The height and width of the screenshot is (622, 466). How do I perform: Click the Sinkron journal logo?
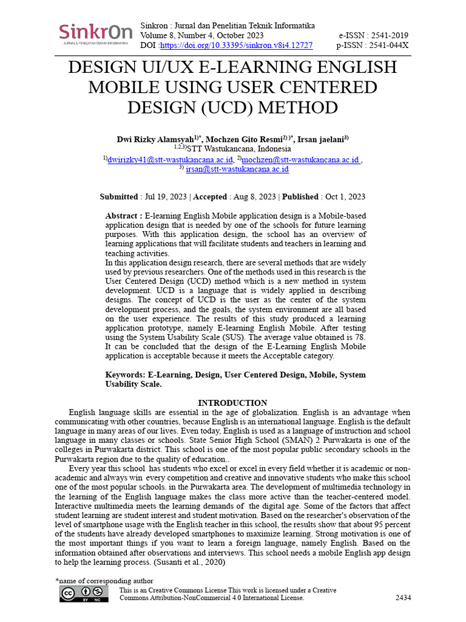[x=95, y=34]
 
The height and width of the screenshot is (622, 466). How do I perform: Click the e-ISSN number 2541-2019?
[x=388, y=36]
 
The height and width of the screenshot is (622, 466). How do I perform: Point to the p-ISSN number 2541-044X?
[x=388, y=46]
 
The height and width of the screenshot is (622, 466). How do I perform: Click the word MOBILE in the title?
[x=126, y=87]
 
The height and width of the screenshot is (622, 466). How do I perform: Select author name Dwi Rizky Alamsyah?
[x=155, y=139]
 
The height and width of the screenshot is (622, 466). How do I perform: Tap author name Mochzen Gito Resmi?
[x=245, y=139]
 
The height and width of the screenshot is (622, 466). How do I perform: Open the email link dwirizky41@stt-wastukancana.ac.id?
[x=170, y=159]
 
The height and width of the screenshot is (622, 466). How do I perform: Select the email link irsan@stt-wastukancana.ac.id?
[x=237, y=169]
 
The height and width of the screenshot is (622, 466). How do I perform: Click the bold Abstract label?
[x=124, y=216]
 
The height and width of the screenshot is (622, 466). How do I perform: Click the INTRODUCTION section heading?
[x=232, y=403]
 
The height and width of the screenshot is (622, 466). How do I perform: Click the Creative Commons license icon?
[x=84, y=594]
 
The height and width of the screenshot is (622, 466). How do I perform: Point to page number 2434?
[x=403, y=598]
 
